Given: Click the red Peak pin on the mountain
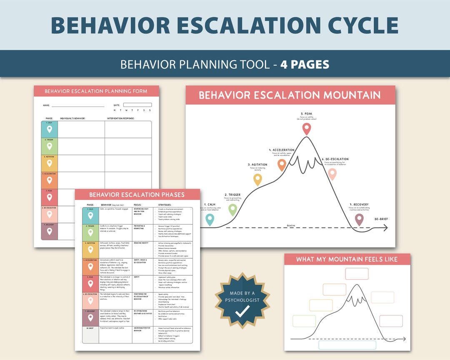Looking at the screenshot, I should tap(307, 128).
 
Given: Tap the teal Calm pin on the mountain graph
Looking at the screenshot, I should tap(210, 219).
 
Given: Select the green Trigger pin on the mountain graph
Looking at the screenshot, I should tap(233, 209).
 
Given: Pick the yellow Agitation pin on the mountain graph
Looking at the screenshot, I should tap(257, 179).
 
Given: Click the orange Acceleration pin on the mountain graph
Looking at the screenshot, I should tap(282, 165).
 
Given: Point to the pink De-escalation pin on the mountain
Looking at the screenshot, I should tap(332, 174).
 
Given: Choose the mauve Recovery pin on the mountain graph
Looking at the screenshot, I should tap(359, 219).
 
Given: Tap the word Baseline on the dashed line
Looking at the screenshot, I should tap(291, 225).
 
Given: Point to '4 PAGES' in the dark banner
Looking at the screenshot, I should tap(305, 65).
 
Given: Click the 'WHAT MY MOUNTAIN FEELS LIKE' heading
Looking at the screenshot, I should tap(347, 259).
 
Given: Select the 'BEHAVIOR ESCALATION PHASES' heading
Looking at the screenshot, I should tap(137, 195).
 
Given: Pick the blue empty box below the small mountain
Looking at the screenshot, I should tap(347, 345).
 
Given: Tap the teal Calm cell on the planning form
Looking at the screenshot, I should tap(49, 129).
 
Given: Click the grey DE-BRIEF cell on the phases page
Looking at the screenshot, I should tap(90, 335).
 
